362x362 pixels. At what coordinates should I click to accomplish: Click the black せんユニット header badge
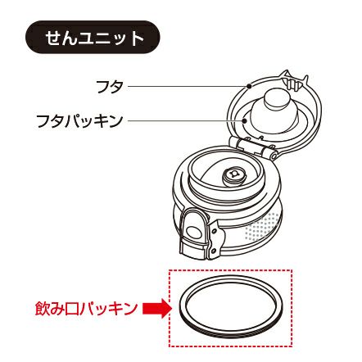93,37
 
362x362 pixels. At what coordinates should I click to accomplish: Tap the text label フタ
110,86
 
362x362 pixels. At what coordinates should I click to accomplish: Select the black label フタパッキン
79,121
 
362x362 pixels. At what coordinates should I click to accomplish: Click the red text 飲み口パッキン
86,309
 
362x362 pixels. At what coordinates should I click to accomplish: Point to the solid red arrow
157,309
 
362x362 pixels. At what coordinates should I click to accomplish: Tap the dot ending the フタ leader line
249,86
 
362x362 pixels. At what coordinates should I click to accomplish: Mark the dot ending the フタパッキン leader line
245,121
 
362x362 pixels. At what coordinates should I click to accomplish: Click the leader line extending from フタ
188,86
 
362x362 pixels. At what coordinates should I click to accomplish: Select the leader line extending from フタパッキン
185,121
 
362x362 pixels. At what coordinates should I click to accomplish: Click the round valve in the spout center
233,174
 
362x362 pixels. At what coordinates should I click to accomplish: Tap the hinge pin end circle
274,156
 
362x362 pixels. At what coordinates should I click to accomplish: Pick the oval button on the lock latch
194,232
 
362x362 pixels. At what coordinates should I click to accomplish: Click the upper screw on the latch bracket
215,232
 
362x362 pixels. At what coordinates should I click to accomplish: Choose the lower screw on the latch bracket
214,250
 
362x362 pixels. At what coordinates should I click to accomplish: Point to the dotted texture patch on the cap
263,226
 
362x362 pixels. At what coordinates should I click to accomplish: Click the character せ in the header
53,38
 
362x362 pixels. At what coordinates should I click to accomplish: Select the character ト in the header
137,38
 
